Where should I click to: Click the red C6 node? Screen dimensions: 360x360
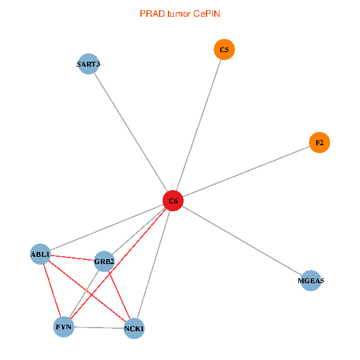click(x=173, y=201)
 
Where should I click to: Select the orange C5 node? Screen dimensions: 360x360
click(x=224, y=50)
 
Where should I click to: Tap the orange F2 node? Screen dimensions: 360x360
click(x=319, y=143)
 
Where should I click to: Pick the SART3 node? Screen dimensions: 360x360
click(x=89, y=64)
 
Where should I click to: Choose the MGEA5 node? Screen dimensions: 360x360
click(x=311, y=281)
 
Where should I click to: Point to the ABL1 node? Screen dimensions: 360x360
click(x=40, y=254)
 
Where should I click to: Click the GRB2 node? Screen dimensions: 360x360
click(x=104, y=261)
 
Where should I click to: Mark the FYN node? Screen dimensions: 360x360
click(x=64, y=327)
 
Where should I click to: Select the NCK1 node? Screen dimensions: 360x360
click(x=134, y=328)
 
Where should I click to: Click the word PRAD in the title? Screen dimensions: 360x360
click(x=151, y=13)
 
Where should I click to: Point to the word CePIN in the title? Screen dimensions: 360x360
click(x=206, y=13)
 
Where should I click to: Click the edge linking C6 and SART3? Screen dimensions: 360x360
click(x=131, y=132)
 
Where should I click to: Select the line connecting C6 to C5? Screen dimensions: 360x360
click(x=199, y=125)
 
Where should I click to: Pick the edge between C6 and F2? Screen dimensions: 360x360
click(x=246, y=172)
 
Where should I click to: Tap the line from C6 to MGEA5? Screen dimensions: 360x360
click(x=242, y=241)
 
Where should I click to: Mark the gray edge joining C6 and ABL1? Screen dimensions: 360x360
click(x=107, y=228)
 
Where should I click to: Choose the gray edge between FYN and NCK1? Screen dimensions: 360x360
click(x=99, y=328)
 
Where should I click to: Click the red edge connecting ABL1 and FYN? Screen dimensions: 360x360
click(x=52, y=290)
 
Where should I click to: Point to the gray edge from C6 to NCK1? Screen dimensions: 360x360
click(x=154, y=265)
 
